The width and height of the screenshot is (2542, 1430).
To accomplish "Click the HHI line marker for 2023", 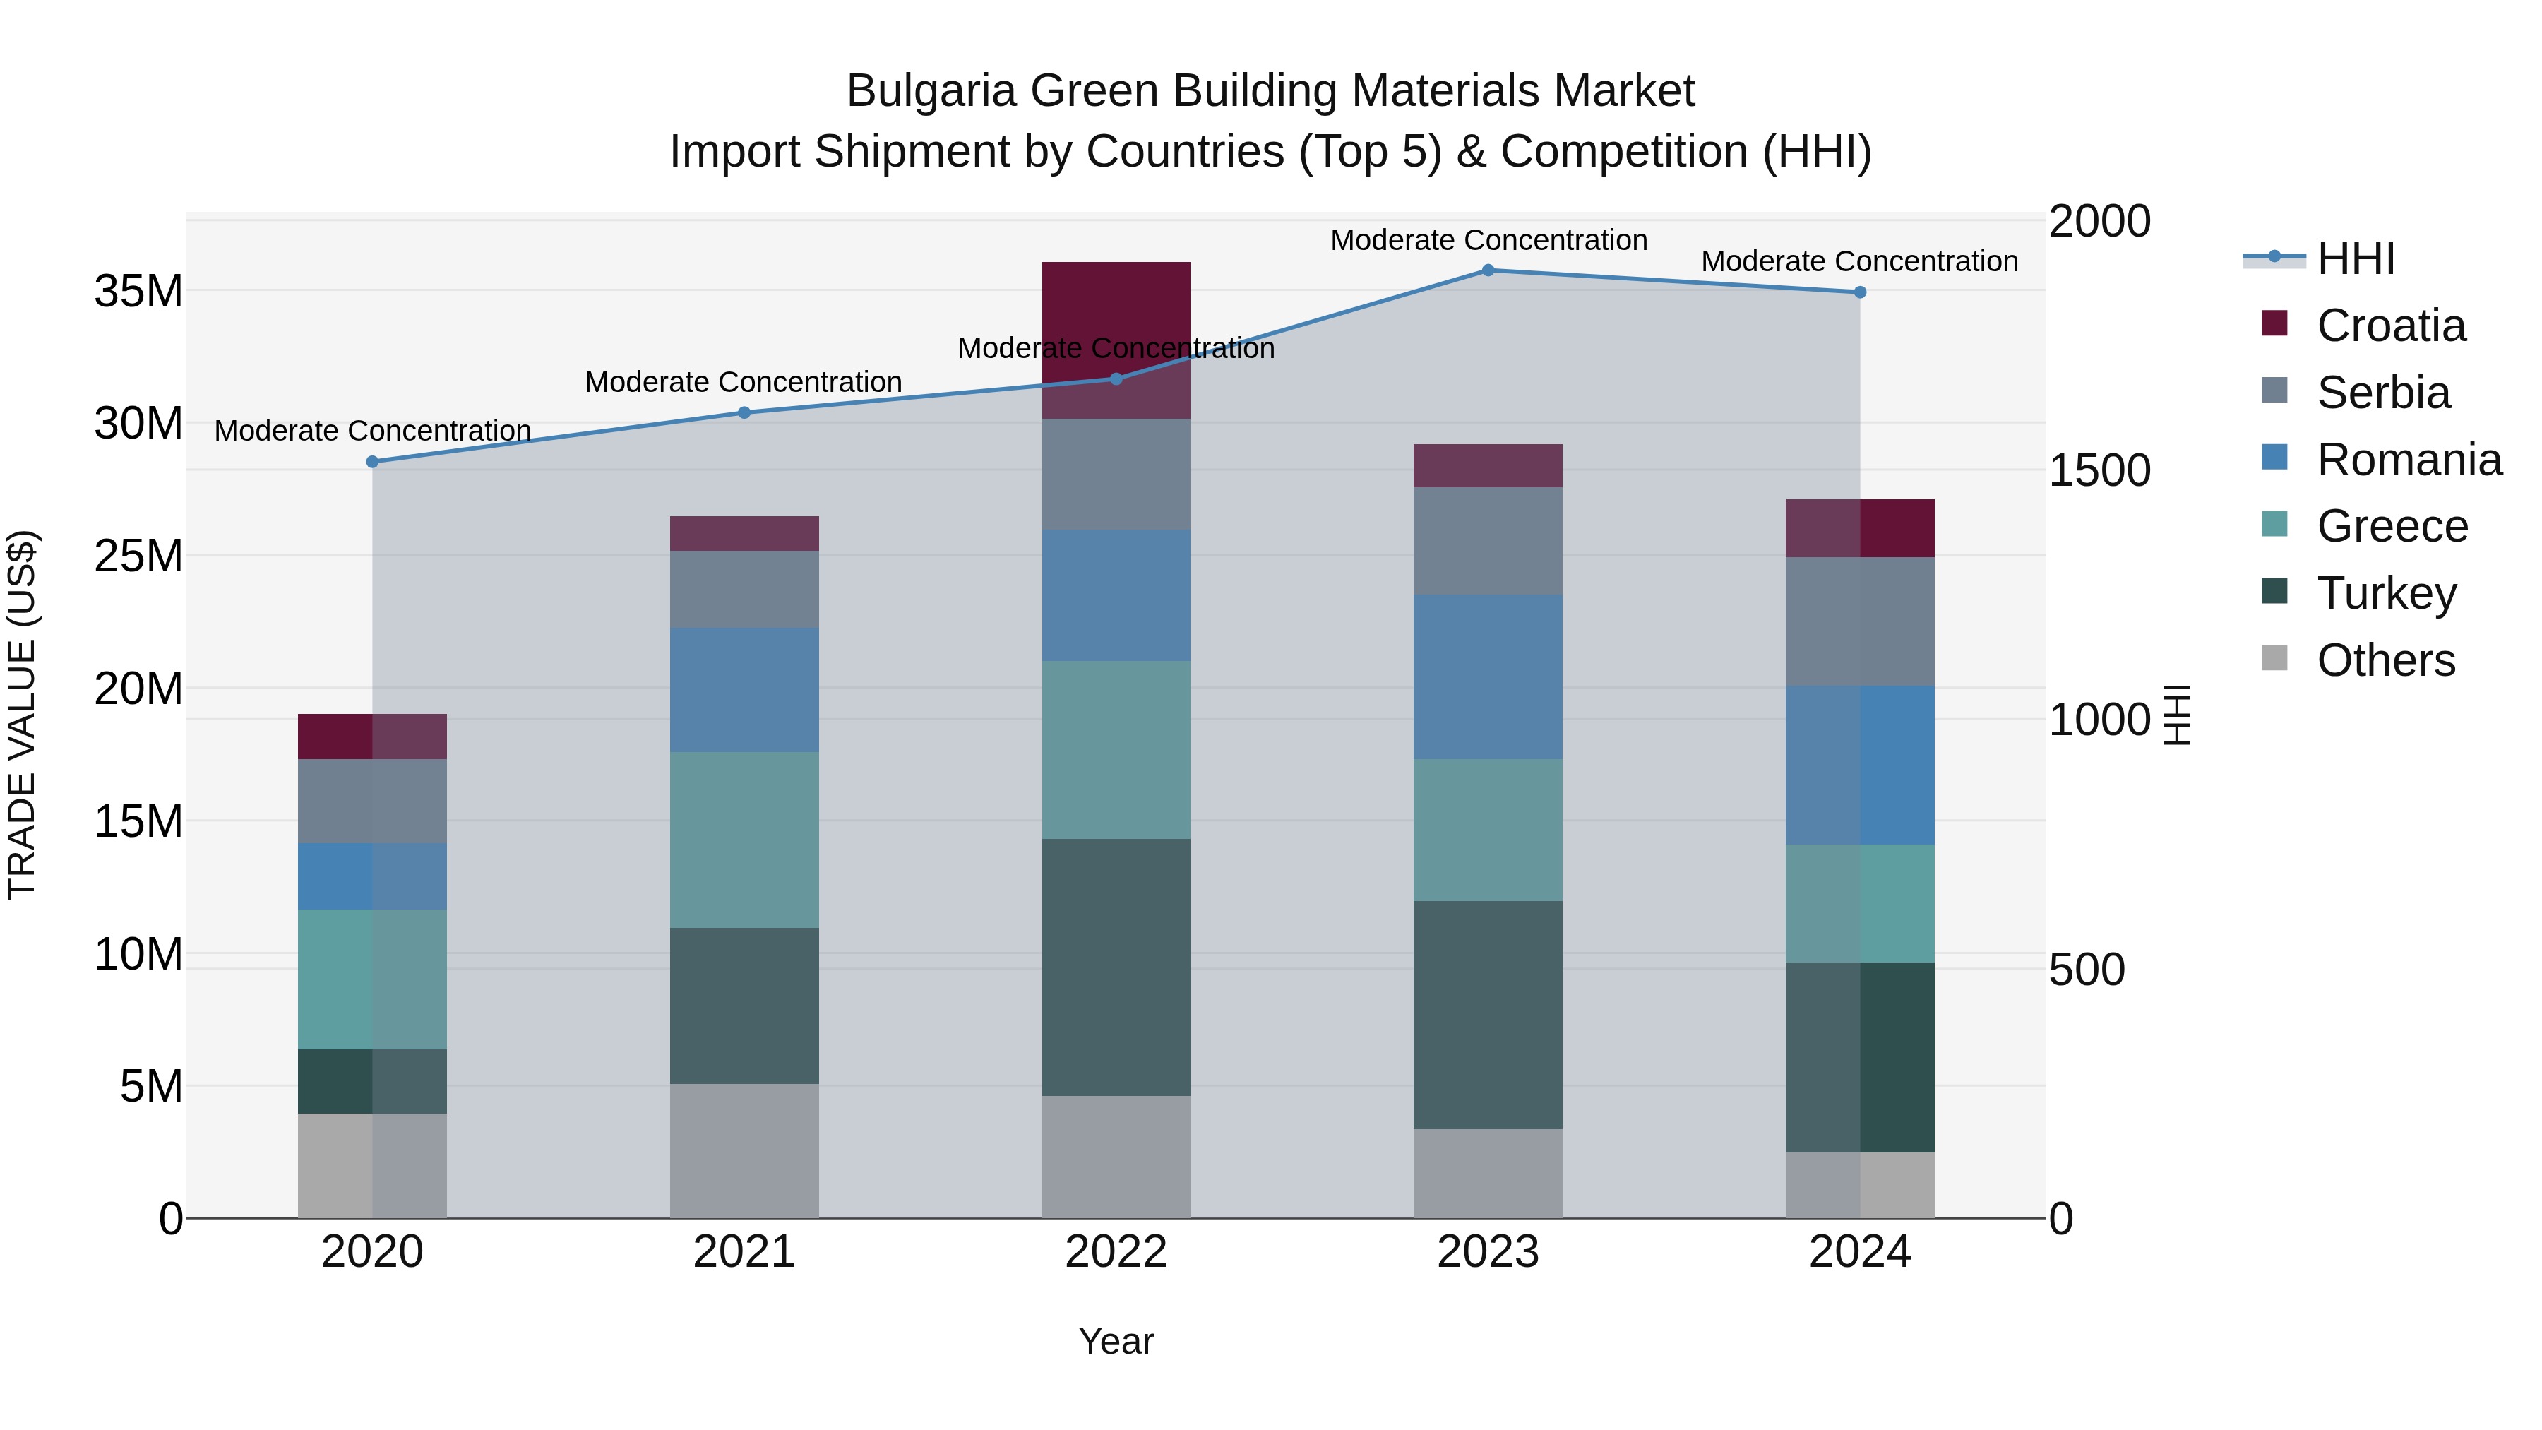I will [x=1488, y=270].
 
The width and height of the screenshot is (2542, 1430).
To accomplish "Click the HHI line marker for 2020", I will [x=372, y=462].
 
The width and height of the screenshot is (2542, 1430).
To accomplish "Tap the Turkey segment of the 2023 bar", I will [x=1488, y=1015].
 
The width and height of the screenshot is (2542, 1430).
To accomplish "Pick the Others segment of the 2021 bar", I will [x=744, y=1151].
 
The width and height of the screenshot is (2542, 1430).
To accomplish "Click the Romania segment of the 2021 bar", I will [x=744, y=690].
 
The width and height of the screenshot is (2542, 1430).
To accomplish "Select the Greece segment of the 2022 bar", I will [x=1116, y=750].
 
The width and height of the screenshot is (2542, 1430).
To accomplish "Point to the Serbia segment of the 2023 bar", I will [x=1488, y=541].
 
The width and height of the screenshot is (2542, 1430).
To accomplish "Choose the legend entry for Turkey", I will [x=2386, y=593].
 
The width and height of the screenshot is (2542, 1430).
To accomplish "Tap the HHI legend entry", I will [x=2354, y=258].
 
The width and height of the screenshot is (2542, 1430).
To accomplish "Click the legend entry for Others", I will [x=2385, y=660].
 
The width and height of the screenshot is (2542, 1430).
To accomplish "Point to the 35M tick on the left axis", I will [x=138, y=291].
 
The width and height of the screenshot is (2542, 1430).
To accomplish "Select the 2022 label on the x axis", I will [x=1116, y=1252].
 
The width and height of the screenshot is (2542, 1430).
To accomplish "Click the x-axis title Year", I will [x=1116, y=1341].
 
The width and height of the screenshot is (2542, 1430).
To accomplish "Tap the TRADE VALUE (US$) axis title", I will [x=22, y=715].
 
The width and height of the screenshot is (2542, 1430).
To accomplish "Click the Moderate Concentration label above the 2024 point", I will [x=1859, y=261].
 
